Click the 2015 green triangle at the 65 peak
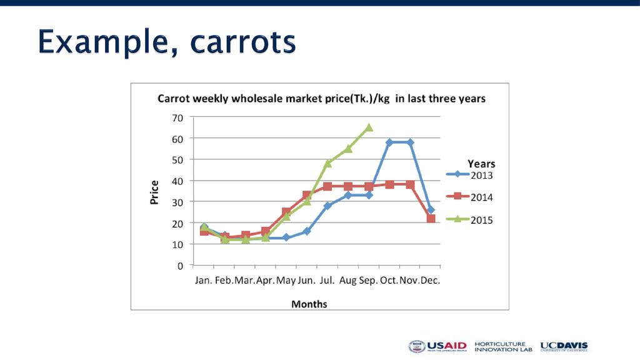[x=369, y=127]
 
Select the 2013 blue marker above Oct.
[x=389, y=142]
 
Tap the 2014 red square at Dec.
[x=431, y=219]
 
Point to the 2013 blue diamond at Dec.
[x=431, y=210]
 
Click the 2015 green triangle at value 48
[x=327, y=163]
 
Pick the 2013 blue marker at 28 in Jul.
[x=327, y=206]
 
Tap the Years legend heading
[x=481, y=164]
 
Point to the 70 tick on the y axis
[x=177, y=117]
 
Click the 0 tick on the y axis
[x=180, y=266]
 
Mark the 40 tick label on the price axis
[x=177, y=181]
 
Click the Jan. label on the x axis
[x=203, y=281]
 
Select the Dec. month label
[x=430, y=281]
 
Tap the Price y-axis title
[x=154, y=192]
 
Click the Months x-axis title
[x=309, y=304]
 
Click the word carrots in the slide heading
[x=242, y=42]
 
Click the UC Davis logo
[x=564, y=346]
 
